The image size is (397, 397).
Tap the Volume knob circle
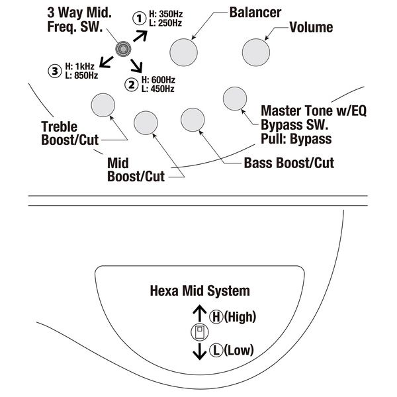click(x=255, y=50)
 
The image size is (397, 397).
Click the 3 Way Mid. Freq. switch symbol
click(x=122, y=48)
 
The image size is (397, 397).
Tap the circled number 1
click(x=140, y=19)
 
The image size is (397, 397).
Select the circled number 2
click(x=131, y=83)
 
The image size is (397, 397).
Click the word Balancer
click(x=255, y=12)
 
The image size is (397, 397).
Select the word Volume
click(x=311, y=28)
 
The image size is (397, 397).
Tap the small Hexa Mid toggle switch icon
click(x=199, y=333)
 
